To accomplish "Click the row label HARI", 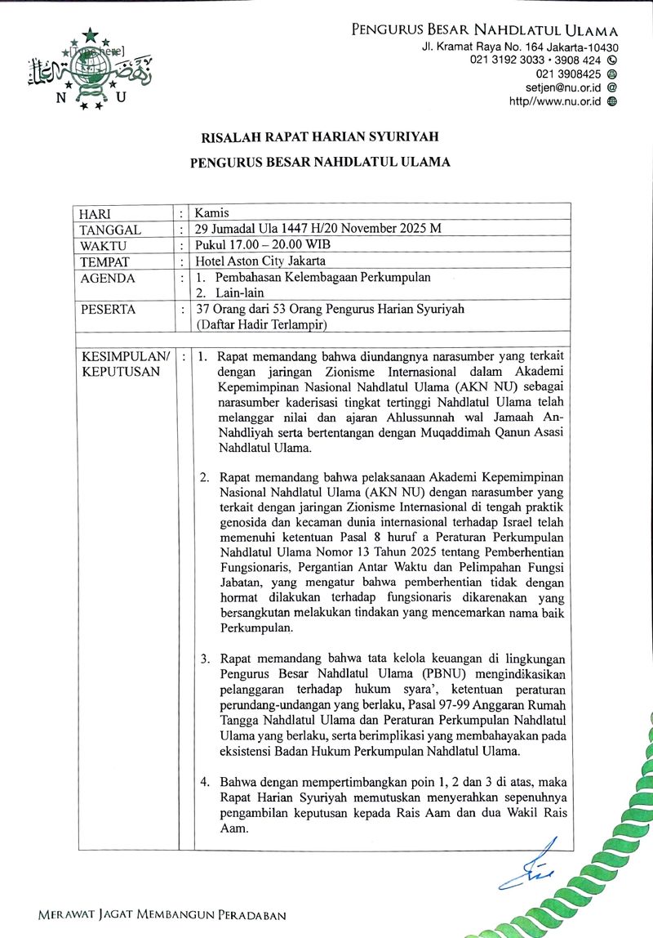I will (95, 214).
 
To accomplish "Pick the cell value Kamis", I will (212, 213).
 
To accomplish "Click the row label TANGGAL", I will (110, 230).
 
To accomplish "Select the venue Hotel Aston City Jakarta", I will (260, 261).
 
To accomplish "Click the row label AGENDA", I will (107, 278).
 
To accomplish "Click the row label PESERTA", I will (108, 310).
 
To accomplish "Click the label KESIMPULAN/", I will (124, 358).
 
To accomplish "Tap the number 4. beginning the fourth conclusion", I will (205, 782).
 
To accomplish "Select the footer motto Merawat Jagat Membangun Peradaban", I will (162, 915).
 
